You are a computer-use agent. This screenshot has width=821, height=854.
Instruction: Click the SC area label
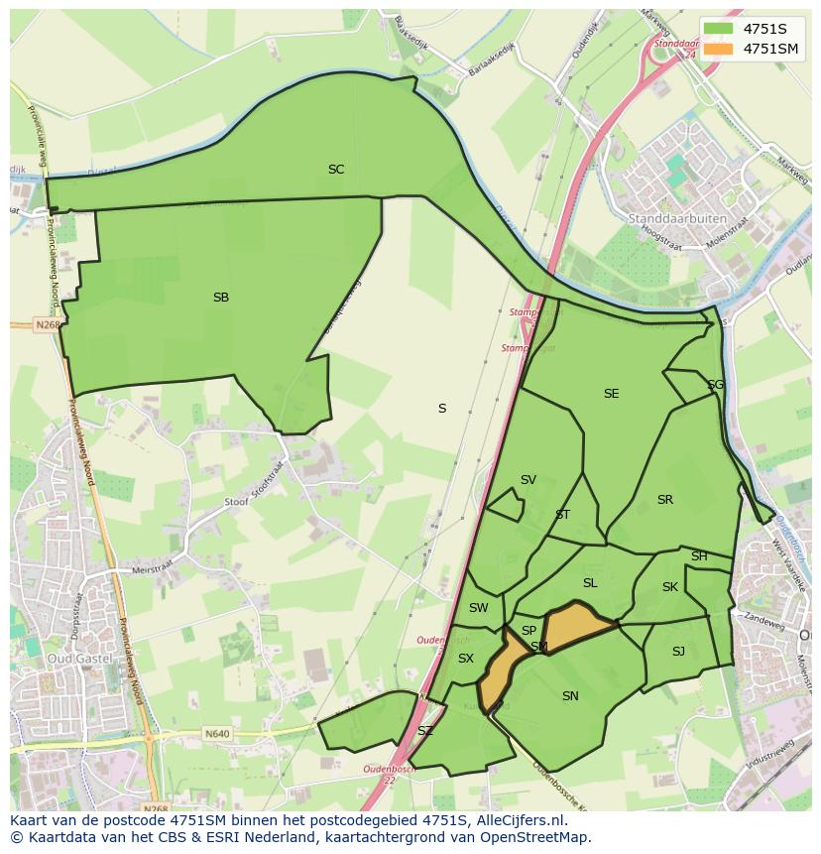(x=336, y=170)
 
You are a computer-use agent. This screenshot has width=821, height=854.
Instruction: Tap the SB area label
(x=221, y=298)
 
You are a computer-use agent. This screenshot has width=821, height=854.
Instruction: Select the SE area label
(x=611, y=394)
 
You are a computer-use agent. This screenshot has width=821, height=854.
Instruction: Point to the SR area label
(x=664, y=500)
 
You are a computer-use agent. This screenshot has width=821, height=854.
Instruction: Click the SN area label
(x=570, y=696)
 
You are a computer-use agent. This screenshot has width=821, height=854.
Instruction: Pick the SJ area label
(x=678, y=652)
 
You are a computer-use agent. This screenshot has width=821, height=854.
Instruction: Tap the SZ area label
(x=425, y=731)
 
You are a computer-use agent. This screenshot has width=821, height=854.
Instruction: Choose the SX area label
(x=466, y=659)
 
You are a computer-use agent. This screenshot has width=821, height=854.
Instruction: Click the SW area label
(x=479, y=608)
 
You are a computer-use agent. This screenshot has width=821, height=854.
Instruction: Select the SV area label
(x=528, y=480)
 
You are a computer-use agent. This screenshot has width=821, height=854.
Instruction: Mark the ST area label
(x=562, y=515)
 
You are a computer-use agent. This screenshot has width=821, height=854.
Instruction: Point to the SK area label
(x=670, y=587)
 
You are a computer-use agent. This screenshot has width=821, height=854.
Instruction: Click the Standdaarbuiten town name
(x=677, y=218)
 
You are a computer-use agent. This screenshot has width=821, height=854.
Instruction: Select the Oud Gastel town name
(x=73, y=659)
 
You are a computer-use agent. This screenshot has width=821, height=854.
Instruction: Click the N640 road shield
(x=217, y=734)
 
